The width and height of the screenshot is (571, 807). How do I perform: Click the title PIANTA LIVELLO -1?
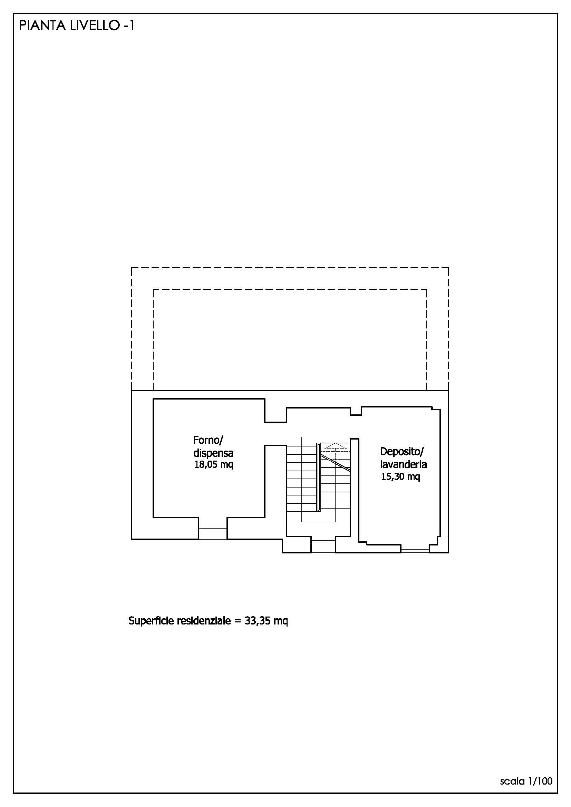77,26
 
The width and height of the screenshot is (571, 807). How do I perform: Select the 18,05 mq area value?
214,465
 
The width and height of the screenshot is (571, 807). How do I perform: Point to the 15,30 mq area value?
400,476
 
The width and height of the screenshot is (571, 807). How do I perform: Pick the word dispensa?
213,453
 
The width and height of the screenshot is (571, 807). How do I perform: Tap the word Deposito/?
402,452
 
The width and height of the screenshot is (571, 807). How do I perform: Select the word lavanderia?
403,464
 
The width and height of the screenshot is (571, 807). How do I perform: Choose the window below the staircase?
323,547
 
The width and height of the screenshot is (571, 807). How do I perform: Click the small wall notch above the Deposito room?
356,411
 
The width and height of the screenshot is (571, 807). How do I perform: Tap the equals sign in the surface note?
237,621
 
